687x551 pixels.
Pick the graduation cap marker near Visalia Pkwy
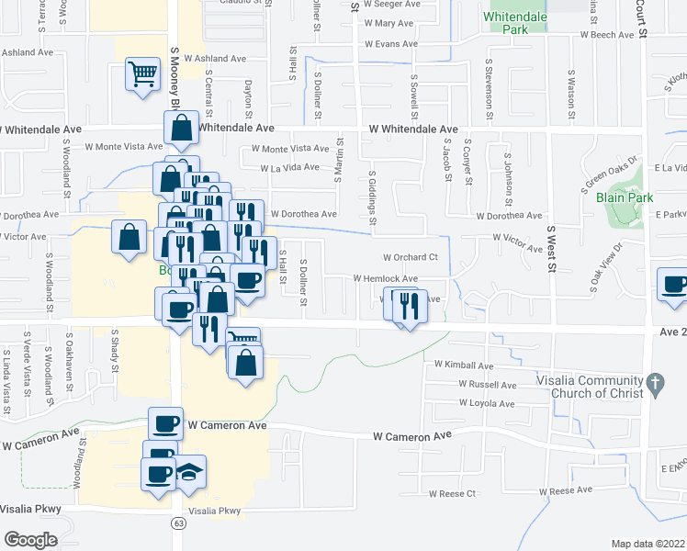(x=190, y=473)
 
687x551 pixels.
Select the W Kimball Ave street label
(x=464, y=365)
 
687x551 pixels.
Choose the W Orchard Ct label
(x=411, y=257)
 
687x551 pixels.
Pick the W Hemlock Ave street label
(x=386, y=278)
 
